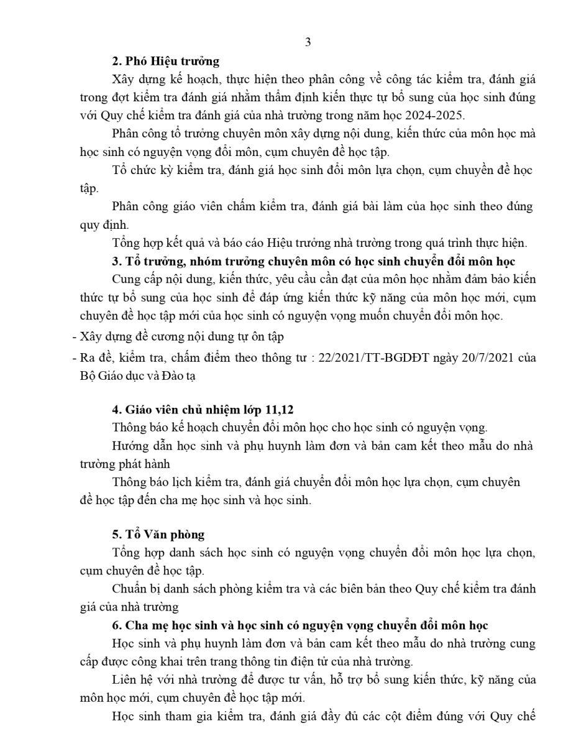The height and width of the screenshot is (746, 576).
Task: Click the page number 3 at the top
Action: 308,42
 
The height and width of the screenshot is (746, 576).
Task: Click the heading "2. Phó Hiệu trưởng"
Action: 166,61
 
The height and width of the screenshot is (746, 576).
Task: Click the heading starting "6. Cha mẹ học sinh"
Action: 300,625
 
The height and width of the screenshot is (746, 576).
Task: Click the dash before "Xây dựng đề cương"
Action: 75,337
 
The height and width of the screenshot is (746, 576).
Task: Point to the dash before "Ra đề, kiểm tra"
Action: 75,358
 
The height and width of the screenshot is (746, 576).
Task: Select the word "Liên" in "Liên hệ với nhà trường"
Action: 124,679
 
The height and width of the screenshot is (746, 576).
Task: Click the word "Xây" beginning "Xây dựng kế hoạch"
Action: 123,80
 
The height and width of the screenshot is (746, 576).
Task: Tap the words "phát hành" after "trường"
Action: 145,464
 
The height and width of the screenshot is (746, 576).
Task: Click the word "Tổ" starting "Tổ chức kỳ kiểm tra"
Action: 119,170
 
